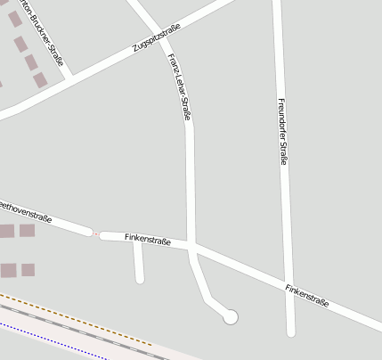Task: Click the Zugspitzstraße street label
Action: click(x=157, y=37)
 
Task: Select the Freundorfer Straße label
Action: click(x=282, y=131)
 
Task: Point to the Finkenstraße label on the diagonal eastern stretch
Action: click(x=307, y=296)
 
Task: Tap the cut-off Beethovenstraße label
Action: click(x=25, y=211)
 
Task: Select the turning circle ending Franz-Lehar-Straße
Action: click(x=231, y=316)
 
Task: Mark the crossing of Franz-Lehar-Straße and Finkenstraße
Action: click(x=192, y=247)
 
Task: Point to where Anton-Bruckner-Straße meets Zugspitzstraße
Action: click(x=69, y=77)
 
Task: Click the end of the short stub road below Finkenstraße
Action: click(x=140, y=279)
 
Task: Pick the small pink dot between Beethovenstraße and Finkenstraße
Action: click(x=96, y=234)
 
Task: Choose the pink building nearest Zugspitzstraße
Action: click(x=41, y=80)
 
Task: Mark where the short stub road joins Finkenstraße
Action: click(x=137, y=241)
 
